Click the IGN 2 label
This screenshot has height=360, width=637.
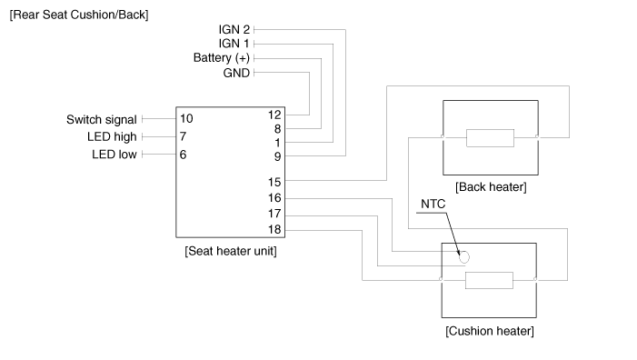point(234,30)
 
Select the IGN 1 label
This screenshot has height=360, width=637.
point(234,44)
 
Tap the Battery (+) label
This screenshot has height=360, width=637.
point(222,58)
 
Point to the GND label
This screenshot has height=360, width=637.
point(236,73)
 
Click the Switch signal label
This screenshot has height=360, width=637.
point(102,120)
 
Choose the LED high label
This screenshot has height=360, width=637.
point(112,137)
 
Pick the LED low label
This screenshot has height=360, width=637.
point(114,155)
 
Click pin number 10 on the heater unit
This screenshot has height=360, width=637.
point(186,119)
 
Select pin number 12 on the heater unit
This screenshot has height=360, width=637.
point(274,115)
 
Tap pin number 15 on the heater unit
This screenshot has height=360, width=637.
point(274,182)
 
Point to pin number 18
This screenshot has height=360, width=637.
point(274,230)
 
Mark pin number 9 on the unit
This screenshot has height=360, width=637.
point(277,156)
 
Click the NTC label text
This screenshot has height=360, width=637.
point(433,204)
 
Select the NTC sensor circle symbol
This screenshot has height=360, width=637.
point(464,257)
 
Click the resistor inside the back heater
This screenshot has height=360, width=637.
point(491,138)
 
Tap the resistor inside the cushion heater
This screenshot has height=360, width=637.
point(489,280)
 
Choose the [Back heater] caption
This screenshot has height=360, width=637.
point(491,187)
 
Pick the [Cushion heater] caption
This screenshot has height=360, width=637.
point(490,331)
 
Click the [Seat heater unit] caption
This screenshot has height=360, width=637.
point(231,251)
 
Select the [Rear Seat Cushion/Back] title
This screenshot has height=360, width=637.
point(79,15)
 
